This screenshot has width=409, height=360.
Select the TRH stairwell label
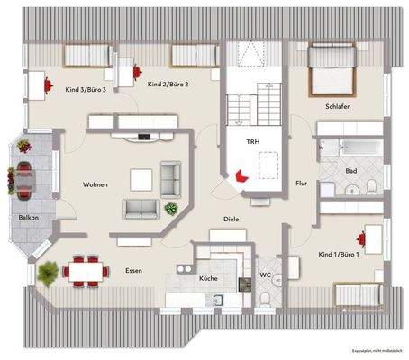tap(253, 143)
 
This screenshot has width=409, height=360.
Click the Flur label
tap(301, 184)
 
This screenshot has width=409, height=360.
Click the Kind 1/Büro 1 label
tap(340, 255)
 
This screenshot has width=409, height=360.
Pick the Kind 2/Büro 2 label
tap(167, 85)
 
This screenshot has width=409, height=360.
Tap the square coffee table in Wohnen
tap(141, 179)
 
